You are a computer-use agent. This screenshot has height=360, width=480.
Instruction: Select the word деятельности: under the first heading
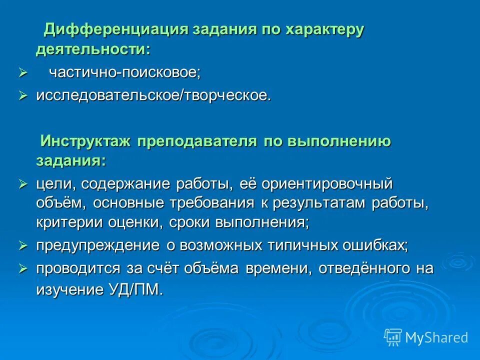click(93, 49)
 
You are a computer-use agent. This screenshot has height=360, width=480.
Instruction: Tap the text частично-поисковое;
click(124, 72)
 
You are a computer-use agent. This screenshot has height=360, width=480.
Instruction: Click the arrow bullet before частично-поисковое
click(23, 73)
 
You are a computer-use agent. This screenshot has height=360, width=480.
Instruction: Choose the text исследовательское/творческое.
click(153, 95)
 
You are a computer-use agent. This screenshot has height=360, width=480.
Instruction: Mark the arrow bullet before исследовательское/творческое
click(23, 95)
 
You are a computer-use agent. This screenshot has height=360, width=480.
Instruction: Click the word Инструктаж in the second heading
click(85, 141)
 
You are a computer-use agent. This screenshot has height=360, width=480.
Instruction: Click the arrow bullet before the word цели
click(23, 184)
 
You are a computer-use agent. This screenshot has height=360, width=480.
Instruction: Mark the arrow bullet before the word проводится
click(23, 269)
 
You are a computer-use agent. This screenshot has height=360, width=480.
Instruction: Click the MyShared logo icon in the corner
click(392, 337)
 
